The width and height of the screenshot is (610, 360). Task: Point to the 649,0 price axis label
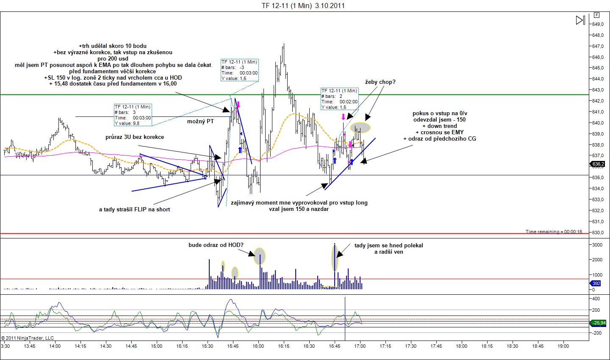point(598,24)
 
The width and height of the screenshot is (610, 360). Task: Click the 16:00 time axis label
point(258,346)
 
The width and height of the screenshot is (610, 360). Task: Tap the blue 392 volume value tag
point(596,284)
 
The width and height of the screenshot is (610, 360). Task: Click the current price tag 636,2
point(598,164)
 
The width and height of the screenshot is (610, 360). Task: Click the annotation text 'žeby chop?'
point(380,82)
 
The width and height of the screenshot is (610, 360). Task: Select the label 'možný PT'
point(200,122)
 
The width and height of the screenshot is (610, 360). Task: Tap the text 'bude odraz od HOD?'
point(216,245)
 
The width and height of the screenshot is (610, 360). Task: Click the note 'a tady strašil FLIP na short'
point(134,209)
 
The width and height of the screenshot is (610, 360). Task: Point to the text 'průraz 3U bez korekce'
point(135,137)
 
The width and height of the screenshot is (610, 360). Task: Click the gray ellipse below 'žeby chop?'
point(360,127)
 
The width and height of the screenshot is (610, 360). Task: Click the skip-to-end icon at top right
point(580,20)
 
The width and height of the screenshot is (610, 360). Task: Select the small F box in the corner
point(596,15)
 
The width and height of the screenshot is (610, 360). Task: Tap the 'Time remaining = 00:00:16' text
point(554,232)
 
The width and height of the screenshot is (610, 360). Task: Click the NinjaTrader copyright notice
point(28,338)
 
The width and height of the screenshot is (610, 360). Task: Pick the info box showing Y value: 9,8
point(133,115)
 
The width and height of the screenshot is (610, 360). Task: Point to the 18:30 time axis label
point(513,346)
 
